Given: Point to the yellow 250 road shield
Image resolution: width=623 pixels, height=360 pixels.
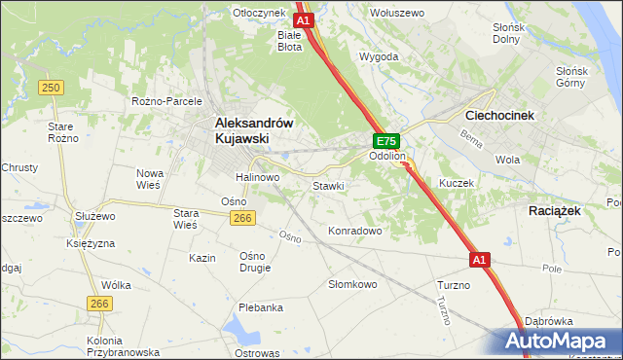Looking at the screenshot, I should pos(52,88).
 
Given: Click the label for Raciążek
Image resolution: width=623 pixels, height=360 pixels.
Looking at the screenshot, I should pos(554,210).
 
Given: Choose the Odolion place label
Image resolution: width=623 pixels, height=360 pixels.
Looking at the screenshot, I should pos(386,156).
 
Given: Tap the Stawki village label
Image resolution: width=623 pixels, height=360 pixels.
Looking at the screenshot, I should pos(328,185).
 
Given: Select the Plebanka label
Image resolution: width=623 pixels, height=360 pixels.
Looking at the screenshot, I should pos(260,307).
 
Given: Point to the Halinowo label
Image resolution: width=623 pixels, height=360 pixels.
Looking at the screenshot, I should pos(257,177).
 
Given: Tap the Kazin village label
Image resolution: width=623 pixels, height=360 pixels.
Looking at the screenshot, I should pos(202,258).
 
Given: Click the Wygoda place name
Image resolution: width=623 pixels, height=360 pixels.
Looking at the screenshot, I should pos(379,56).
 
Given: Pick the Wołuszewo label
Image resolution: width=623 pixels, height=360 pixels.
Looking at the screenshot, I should pos(396,13).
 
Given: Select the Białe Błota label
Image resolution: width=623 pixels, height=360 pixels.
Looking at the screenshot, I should pos(289,40).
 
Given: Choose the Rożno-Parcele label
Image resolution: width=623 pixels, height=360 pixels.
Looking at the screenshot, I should pos(166,101).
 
